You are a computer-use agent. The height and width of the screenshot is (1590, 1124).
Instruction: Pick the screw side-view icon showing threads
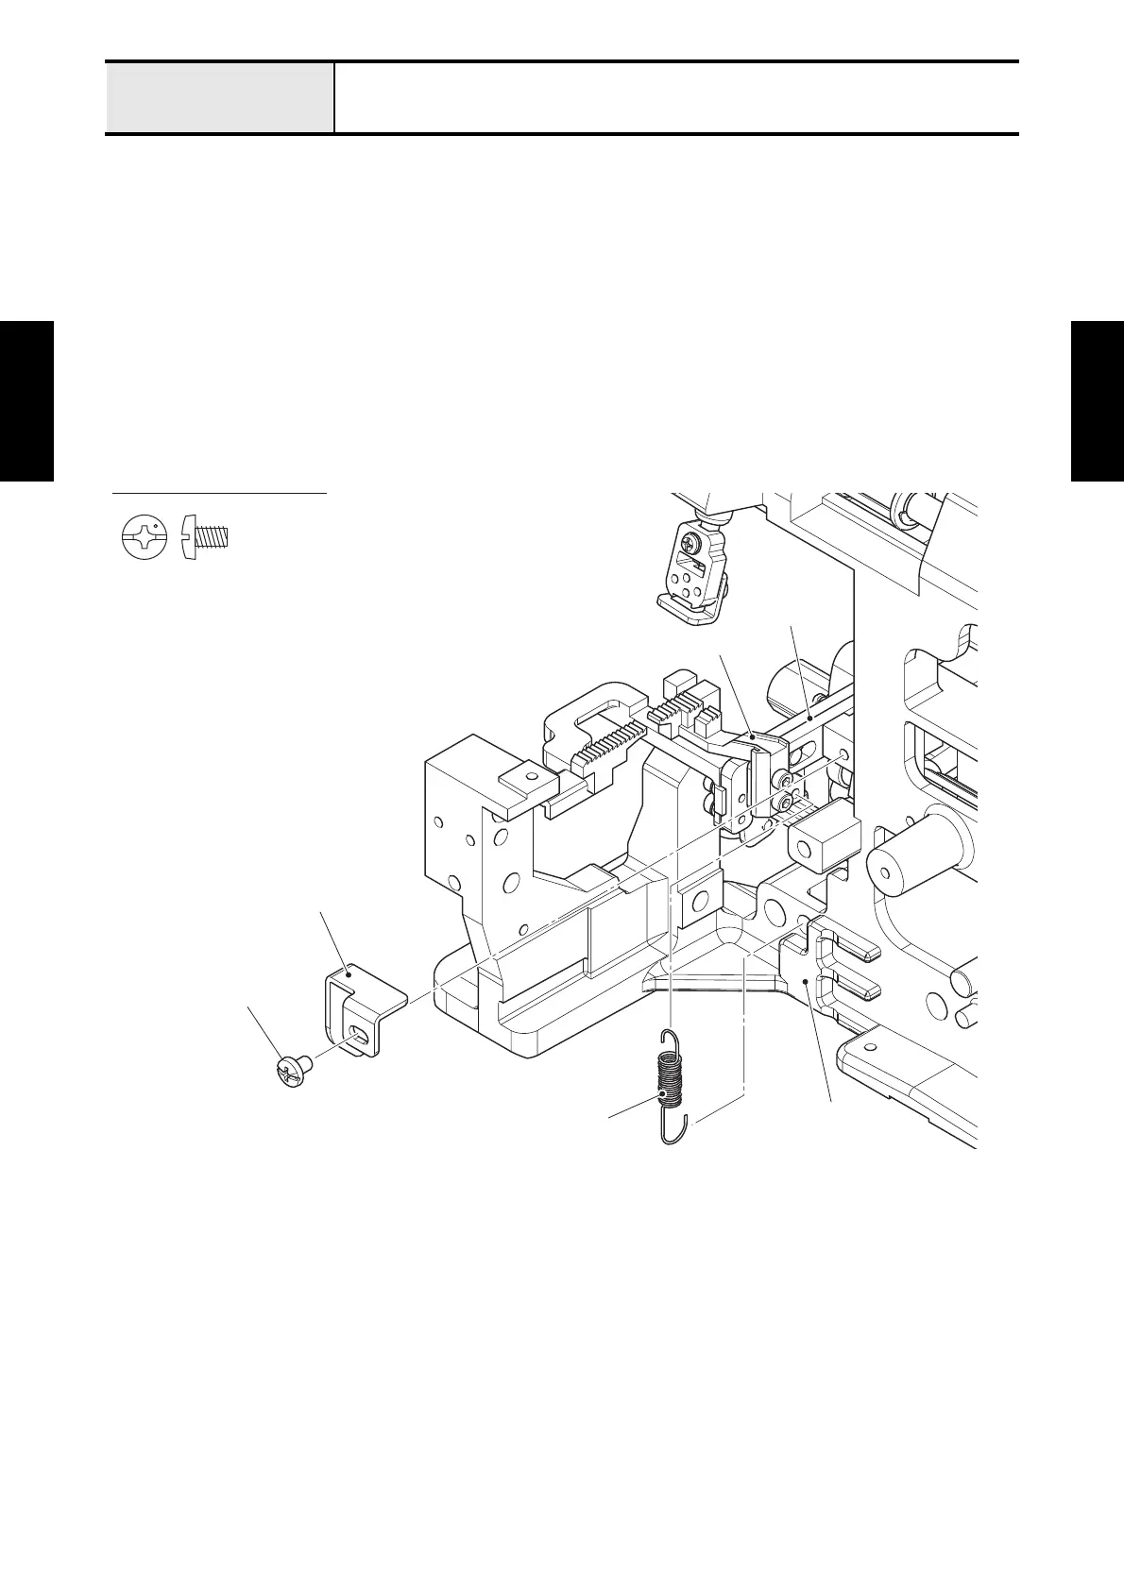(x=207, y=537)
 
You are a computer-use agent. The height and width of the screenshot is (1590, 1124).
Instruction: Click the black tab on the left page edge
(x=26, y=401)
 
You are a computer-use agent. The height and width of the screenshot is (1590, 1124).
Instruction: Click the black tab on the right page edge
(x=1098, y=401)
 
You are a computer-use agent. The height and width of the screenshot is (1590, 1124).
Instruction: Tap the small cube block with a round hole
(x=824, y=838)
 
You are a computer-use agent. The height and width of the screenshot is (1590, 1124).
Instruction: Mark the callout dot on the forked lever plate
(x=804, y=983)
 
